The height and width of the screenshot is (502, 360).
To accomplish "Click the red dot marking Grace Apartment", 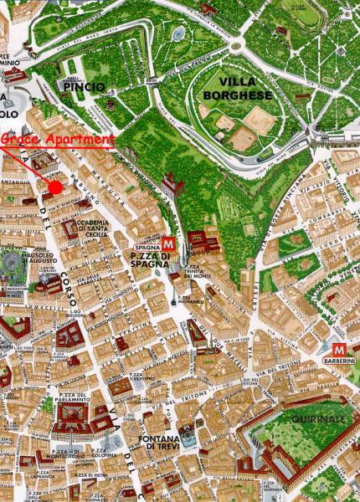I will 55,187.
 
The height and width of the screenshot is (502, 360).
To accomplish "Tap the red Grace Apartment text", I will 56,140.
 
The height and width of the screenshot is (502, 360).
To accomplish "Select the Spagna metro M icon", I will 168,243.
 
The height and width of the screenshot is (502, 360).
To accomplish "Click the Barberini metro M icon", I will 339,349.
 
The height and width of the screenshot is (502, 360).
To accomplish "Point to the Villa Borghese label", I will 235,90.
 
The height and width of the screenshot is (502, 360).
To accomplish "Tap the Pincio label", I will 83,87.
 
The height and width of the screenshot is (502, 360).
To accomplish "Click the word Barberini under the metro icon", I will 339,363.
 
